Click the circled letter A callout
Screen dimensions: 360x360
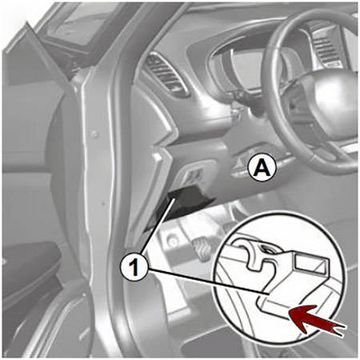(x=262, y=168)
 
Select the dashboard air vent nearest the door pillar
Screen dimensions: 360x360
(x=166, y=74)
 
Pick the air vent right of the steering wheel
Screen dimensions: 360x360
(x=326, y=46)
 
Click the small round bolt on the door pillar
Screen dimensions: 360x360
(x=94, y=134)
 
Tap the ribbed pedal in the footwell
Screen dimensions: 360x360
(x=202, y=250)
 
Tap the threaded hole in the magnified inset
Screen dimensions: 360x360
(x=266, y=250)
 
